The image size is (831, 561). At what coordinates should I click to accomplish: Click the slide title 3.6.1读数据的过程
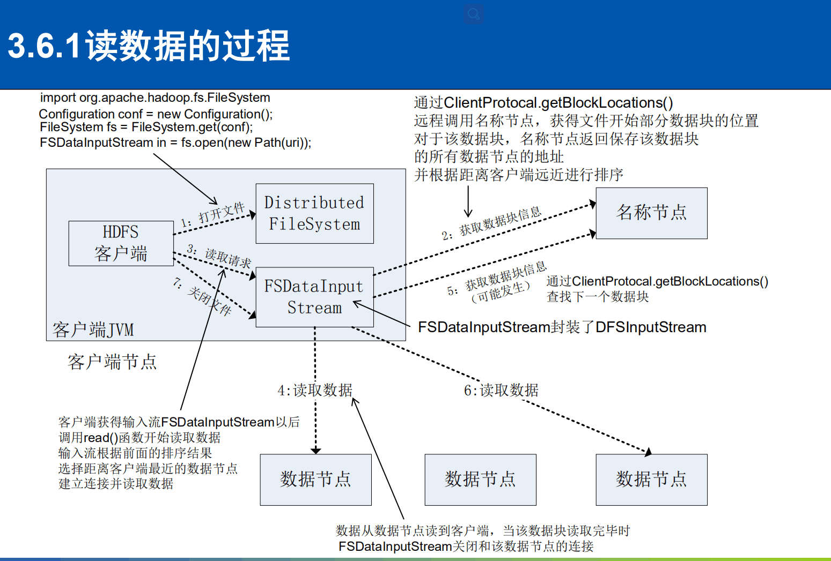coord(149,46)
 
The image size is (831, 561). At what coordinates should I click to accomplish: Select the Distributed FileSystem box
coord(314,213)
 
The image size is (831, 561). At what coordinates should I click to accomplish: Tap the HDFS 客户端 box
coord(121,243)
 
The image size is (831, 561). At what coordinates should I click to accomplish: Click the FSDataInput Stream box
coord(314,297)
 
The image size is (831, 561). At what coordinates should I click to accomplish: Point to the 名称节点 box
coord(651,213)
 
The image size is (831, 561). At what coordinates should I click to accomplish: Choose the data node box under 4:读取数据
coord(315,479)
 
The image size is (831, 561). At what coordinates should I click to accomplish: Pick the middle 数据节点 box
coord(480,479)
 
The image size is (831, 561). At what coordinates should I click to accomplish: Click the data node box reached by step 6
coord(651,479)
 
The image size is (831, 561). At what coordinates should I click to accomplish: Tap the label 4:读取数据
coord(315,390)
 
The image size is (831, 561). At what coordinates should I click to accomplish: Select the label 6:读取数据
coord(501,390)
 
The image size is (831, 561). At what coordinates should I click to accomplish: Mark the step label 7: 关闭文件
coord(202,296)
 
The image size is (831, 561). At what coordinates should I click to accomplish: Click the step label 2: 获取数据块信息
coord(491,223)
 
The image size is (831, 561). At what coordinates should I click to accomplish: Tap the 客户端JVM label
coord(93,330)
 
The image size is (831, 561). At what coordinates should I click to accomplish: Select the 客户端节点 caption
coord(112,362)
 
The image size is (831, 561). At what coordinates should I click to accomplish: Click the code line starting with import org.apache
coord(155,98)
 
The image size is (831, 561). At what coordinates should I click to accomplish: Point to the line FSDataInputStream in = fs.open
coord(175,143)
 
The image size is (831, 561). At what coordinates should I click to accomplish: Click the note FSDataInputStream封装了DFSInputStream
coord(562,327)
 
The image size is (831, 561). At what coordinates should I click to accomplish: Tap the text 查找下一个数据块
coord(597,296)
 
